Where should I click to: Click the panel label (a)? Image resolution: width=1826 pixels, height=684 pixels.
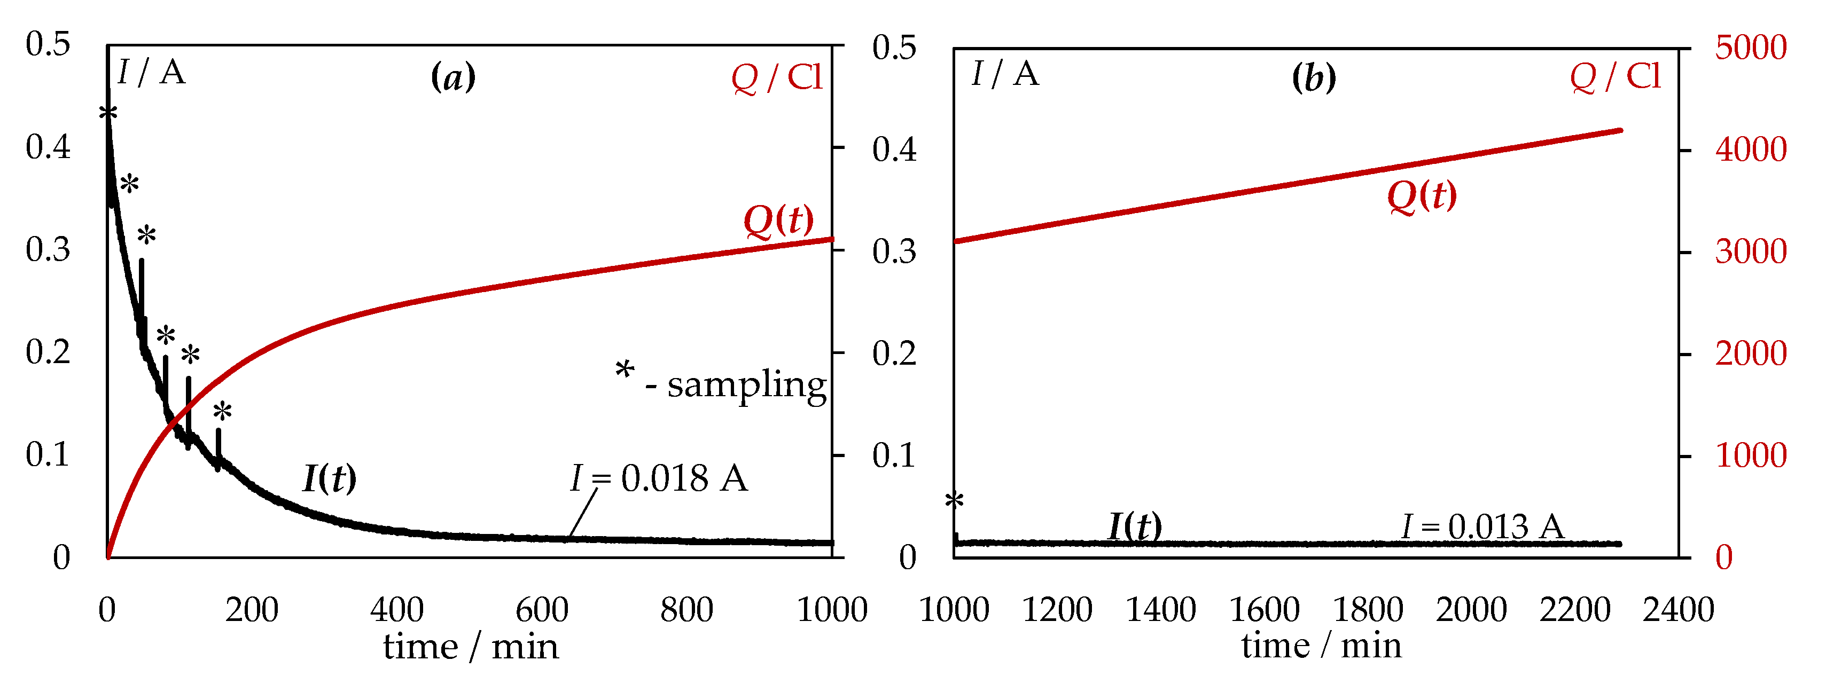pos(453,76)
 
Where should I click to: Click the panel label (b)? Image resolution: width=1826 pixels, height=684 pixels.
pos(1314,76)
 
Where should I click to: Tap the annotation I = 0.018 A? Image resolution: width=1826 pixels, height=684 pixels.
pos(659,478)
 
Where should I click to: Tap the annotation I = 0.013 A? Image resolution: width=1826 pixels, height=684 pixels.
pos(1482,526)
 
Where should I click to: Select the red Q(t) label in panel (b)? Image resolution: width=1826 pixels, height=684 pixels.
pos(1421,195)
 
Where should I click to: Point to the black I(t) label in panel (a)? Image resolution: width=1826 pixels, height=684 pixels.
pos(330,478)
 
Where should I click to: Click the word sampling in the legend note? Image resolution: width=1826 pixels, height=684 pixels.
pos(746,385)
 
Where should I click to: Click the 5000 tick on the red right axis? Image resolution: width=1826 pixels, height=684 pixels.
pos(1750,48)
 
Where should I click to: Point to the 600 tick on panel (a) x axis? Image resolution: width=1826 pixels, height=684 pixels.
pos(542,610)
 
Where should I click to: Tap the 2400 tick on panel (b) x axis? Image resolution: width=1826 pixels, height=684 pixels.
pos(1678,610)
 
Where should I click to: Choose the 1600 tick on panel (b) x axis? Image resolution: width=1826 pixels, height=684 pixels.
pos(1264,610)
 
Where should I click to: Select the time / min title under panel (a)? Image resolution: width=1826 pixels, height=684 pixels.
pos(471,647)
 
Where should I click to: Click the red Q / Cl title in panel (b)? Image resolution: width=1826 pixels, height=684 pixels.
pos(1615,76)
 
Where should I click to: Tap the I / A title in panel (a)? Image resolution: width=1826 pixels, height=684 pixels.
pos(151,72)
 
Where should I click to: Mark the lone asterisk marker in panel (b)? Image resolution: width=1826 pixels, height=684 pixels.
pos(954,500)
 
